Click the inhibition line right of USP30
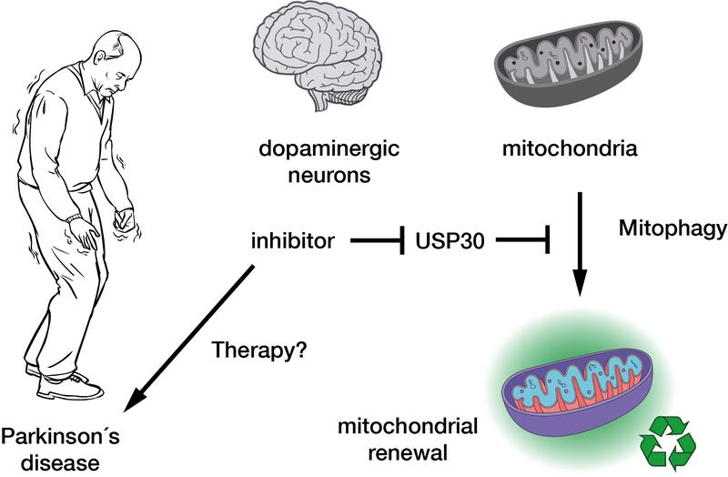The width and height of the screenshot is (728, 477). coord(515,241)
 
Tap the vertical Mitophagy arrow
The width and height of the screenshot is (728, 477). coord(579,246)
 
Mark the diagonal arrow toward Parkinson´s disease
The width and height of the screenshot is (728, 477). coord(191,337)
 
